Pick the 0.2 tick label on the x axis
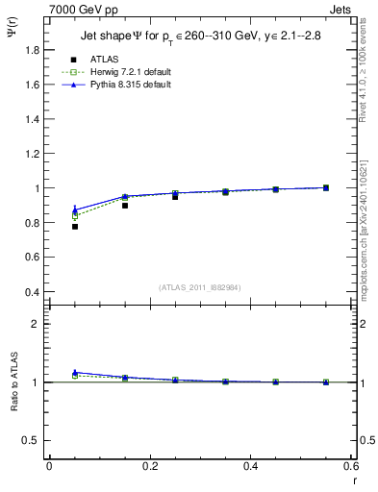149,466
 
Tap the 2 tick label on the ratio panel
36,324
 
